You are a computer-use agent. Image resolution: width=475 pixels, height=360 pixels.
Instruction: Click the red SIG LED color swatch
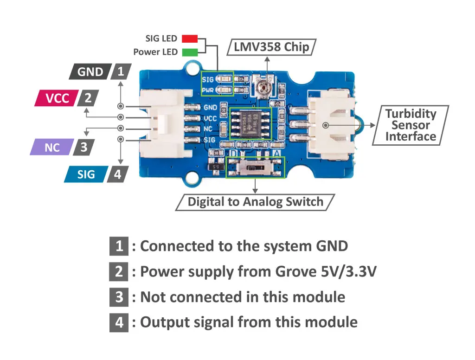[190, 39]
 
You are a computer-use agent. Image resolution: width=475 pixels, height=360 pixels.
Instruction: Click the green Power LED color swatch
[190, 52]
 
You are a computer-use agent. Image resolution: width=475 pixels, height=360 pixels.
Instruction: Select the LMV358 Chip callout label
[271, 47]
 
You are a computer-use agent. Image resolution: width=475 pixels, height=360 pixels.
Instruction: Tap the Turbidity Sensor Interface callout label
[411, 125]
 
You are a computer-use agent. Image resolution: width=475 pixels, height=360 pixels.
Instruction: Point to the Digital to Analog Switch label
[255, 202]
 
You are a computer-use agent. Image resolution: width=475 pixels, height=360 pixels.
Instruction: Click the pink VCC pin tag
[57, 98]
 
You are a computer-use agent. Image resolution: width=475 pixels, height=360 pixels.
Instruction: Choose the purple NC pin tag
[52, 148]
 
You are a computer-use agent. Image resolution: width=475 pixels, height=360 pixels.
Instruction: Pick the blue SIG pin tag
[86, 174]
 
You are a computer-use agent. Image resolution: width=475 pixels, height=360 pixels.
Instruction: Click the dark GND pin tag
[90, 72]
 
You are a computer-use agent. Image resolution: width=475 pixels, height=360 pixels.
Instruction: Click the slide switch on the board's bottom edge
[254, 167]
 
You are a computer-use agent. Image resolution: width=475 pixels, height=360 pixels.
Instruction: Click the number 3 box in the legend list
[119, 297]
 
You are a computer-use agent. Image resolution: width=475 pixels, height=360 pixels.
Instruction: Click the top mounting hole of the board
[192, 69]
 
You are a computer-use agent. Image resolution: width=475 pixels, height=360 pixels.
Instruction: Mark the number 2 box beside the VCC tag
[88, 98]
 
